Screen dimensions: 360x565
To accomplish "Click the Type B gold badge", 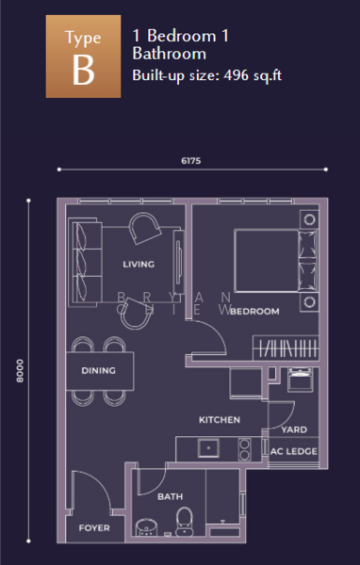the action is (83, 56).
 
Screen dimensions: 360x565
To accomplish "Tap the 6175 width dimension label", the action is (190, 161).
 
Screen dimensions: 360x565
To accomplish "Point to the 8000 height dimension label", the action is (20, 371).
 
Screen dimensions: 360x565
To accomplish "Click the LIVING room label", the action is (139, 264).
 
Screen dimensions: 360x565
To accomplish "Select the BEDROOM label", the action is (254, 312).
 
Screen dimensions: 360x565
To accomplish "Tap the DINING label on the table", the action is (98, 370).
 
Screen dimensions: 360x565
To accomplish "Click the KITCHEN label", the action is (220, 420).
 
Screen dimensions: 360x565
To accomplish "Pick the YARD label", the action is (294, 429).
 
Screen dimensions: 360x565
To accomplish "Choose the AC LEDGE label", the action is (294, 451).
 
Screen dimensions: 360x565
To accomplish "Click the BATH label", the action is (170, 497).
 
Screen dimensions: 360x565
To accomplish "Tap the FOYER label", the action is (94, 528).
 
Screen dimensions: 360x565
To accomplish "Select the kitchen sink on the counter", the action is (208, 448).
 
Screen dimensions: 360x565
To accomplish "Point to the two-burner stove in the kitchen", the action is (244, 449).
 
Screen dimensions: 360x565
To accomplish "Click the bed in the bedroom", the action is (276, 260).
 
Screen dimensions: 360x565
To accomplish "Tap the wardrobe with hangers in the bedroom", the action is (286, 348).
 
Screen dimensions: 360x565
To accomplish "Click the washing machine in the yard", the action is (300, 379).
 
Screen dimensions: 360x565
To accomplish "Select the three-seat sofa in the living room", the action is (85, 263).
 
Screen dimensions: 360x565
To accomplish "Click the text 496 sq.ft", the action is (253, 75).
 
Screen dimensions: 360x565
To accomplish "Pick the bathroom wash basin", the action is (146, 527).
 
